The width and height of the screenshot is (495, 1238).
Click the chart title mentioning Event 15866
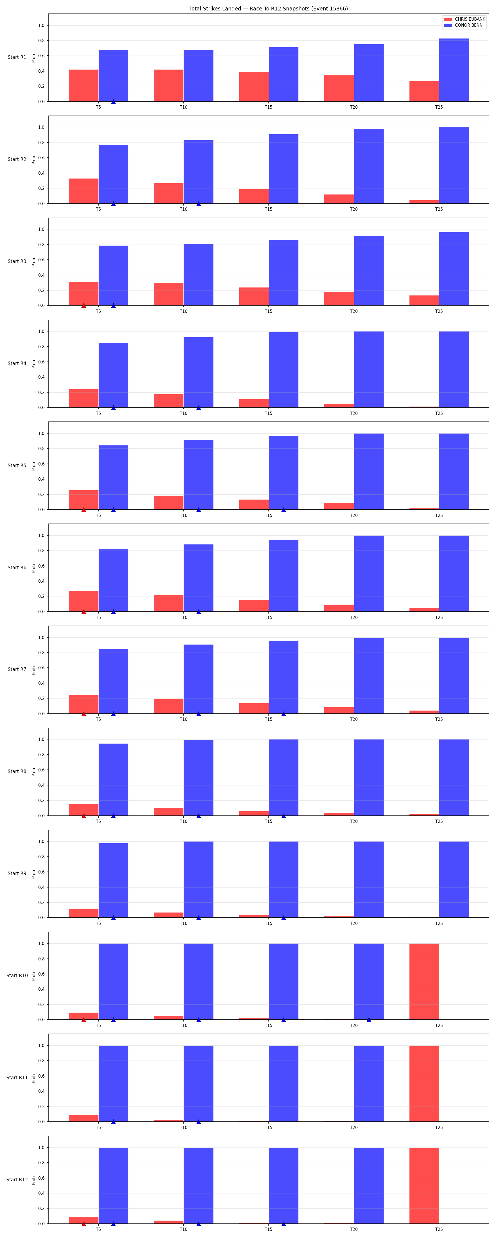[x=268, y=9]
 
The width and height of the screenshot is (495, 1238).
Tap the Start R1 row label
[x=17, y=57]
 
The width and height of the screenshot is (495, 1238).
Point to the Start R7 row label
[x=17, y=669]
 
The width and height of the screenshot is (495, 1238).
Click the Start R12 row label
[x=17, y=1179]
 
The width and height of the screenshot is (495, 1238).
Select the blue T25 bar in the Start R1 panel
[x=454, y=70]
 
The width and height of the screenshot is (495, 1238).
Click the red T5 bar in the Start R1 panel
[x=84, y=86]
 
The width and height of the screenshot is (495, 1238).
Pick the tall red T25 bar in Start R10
[x=424, y=981]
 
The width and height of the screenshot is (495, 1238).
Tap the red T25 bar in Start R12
[x=424, y=1186]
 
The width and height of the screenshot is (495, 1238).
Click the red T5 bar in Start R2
[x=84, y=191]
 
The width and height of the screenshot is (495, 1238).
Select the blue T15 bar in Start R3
[x=284, y=272]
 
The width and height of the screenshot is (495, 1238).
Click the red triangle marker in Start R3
[x=84, y=305]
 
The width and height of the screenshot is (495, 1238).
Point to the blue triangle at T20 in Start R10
[x=369, y=1019]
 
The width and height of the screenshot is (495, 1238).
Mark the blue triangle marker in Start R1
[x=113, y=102]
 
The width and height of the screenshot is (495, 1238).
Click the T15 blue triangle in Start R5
[x=284, y=510]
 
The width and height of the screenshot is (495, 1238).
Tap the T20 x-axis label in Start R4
[x=354, y=413]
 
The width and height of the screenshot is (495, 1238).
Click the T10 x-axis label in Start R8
[x=184, y=821]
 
